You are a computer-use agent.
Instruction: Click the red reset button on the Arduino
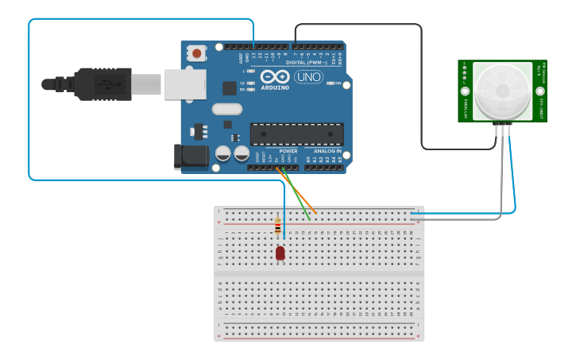(x=196, y=54)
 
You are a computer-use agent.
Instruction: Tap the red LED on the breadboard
(x=280, y=253)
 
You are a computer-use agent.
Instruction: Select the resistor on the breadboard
(x=277, y=226)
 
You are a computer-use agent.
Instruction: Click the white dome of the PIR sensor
(x=502, y=91)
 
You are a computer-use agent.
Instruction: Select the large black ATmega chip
(x=297, y=134)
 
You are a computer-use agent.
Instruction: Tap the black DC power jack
(x=191, y=156)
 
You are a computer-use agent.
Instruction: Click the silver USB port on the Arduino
(x=185, y=83)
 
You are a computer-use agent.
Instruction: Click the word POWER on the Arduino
(x=288, y=150)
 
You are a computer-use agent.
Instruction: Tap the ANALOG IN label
(x=327, y=150)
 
